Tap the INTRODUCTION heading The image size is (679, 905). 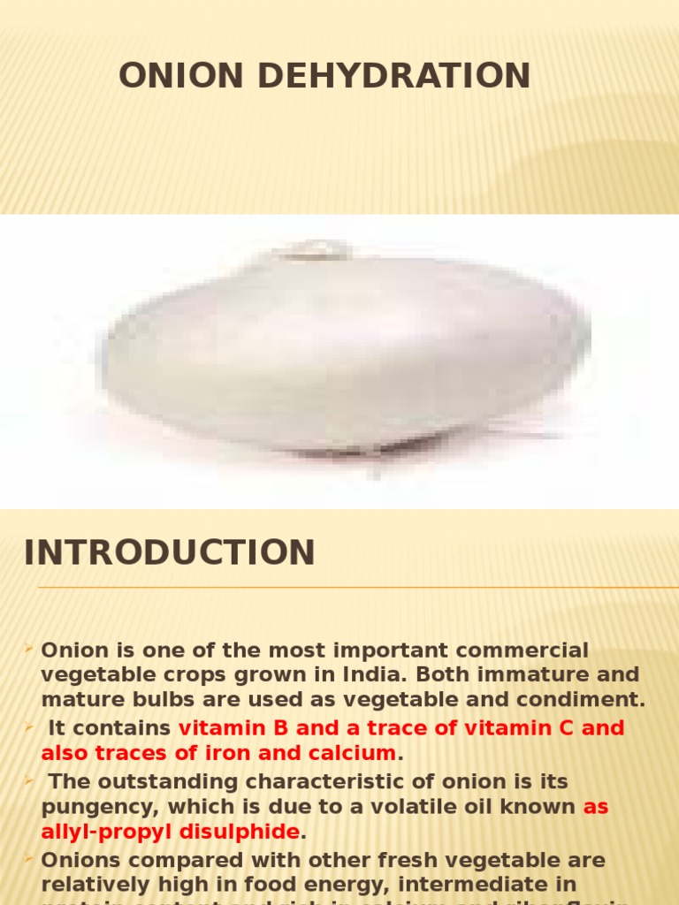click(x=170, y=552)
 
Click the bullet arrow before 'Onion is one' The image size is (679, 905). click(x=30, y=650)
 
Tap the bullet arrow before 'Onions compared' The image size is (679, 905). click(x=30, y=859)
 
